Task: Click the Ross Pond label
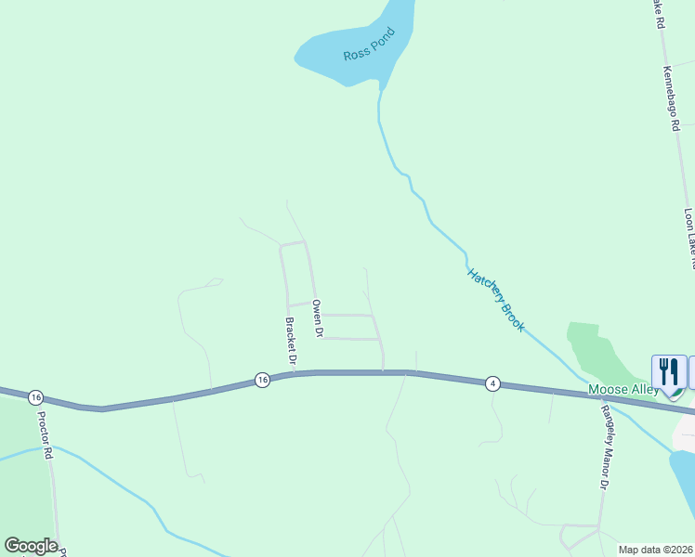click(x=369, y=45)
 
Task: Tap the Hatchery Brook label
click(x=496, y=300)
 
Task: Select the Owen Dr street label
click(x=318, y=318)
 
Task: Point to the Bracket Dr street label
click(x=291, y=341)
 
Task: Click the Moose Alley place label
click(x=623, y=390)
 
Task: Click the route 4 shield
click(x=492, y=383)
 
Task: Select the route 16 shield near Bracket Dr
click(x=262, y=380)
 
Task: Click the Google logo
click(x=31, y=546)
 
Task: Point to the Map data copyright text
click(x=656, y=550)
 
